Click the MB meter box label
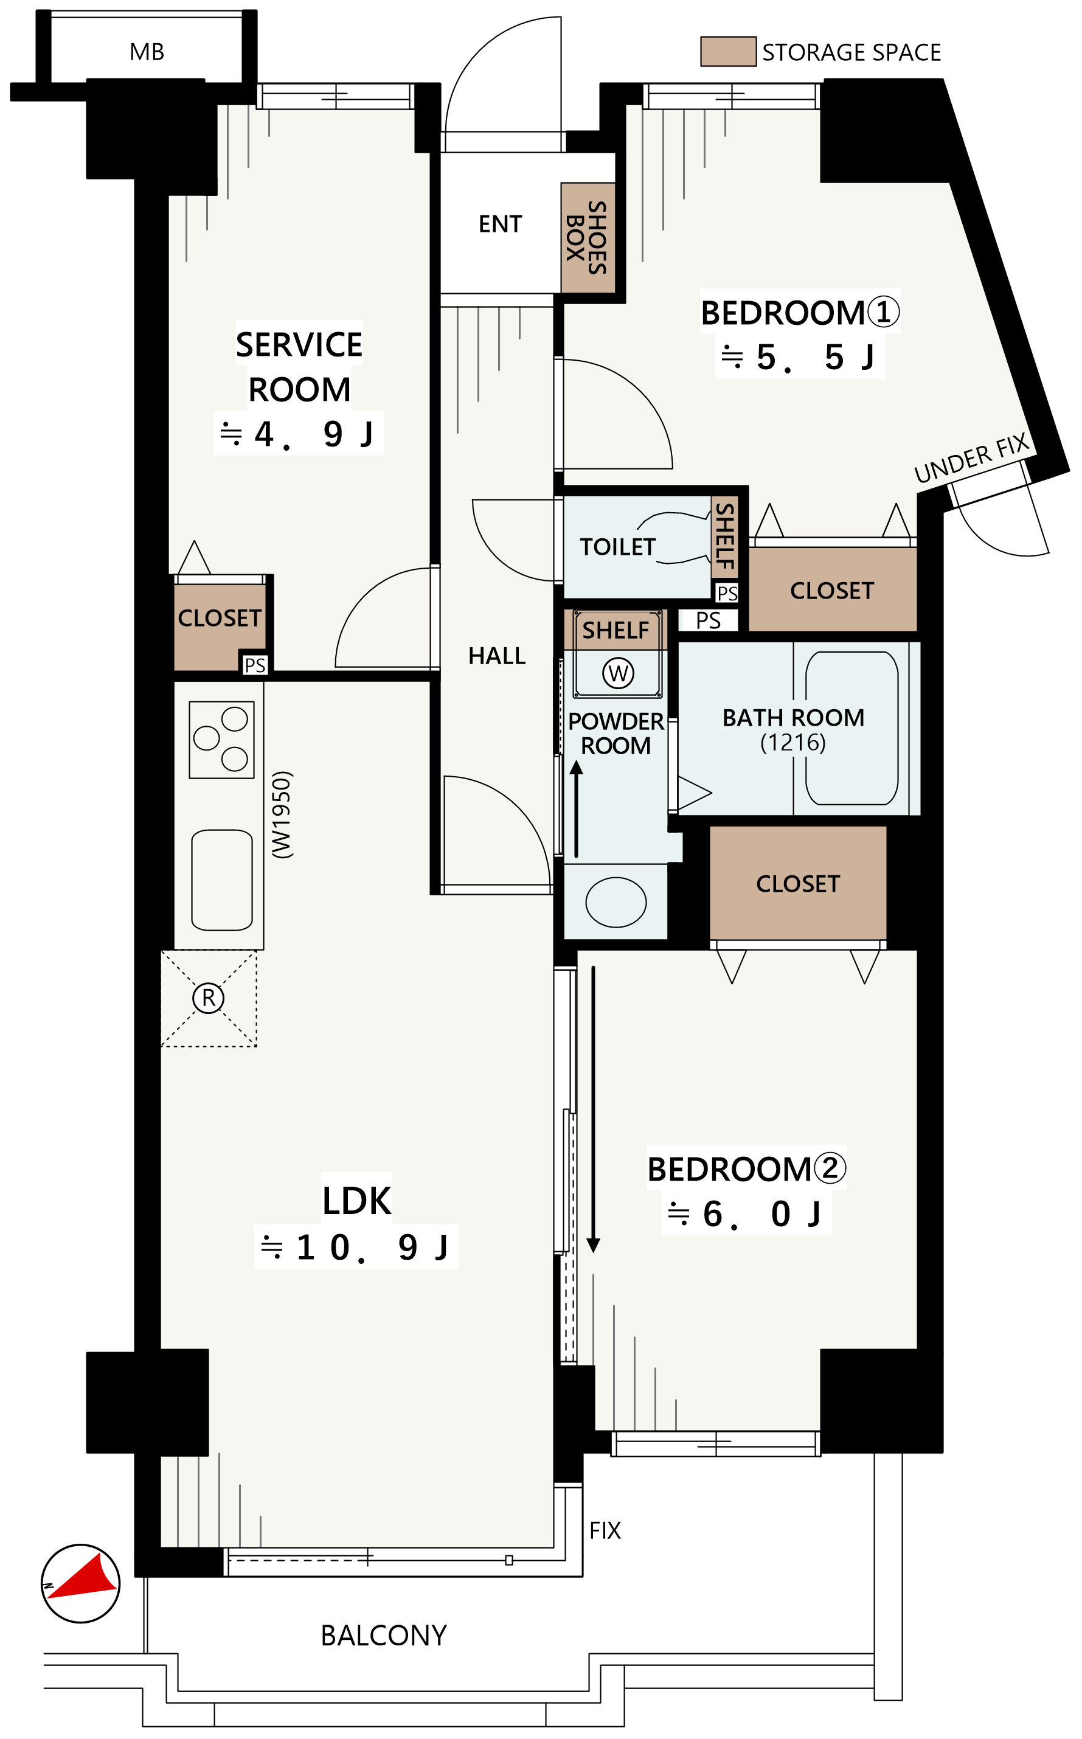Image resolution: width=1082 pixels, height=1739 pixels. coord(147,52)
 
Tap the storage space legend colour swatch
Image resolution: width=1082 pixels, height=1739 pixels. coord(728,52)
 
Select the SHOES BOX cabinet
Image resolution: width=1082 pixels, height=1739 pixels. coord(588,238)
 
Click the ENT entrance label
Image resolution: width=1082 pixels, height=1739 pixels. coord(500,224)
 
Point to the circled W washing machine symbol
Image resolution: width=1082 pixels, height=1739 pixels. coord(619,673)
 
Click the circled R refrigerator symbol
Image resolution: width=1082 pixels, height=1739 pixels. coord(208,998)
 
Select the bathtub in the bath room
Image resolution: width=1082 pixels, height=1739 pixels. coord(851,728)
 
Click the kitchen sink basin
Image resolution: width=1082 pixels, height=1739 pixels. coord(222,880)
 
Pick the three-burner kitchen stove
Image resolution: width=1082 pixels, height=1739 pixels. coord(222,739)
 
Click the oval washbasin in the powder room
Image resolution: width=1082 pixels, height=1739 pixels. coord(616,901)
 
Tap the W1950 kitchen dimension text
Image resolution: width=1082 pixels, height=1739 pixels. coord(281,814)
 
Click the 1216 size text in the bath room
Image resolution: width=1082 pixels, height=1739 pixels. coord(793,742)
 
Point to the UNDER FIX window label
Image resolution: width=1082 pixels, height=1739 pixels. coord(972,458)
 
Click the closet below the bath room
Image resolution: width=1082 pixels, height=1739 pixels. coord(798,883)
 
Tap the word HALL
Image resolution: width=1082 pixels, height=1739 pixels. coord(497,656)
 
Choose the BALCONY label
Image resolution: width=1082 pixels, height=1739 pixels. coord(384,1635)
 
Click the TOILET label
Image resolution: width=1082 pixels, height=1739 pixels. coord(617,547)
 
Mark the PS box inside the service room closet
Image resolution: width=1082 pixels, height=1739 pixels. coord(255,665)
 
